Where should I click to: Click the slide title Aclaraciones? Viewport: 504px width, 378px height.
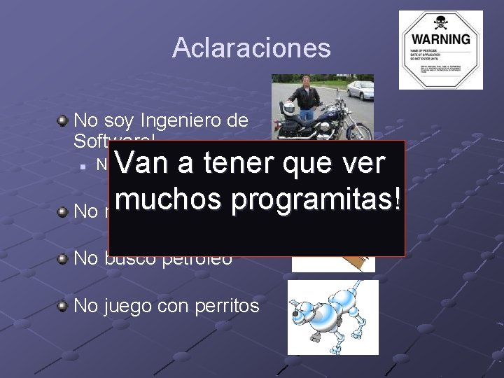point(251,48)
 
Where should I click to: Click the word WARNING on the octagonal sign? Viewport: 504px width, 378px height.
point(440,38)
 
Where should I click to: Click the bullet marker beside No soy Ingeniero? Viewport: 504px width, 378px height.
point(63,120)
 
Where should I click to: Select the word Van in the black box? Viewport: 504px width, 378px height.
point(142,164)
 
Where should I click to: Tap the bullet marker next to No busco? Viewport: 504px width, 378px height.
point(63,258)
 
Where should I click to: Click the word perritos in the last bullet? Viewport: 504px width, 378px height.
point(226,306)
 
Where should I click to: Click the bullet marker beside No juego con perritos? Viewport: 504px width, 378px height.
point(63,305)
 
